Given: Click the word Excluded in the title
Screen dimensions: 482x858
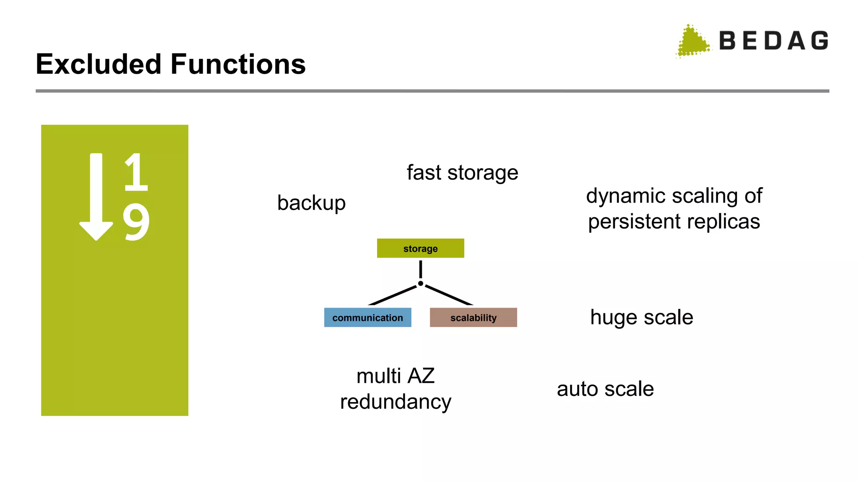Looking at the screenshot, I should [x=98, y=64].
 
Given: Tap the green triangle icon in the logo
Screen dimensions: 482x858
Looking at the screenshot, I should [x=692, y=42].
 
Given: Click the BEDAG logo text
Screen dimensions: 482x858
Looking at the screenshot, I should [x=773, y=41].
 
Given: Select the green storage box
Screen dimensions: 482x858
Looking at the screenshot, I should [x=420, y=249].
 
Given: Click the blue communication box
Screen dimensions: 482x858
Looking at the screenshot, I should [x=367, y=318].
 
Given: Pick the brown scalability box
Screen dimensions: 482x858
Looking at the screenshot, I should [x=473, y=318].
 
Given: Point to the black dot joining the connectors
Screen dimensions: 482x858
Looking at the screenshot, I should [x=420, y=284].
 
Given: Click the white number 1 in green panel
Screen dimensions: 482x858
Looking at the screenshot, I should [x=136, y=172].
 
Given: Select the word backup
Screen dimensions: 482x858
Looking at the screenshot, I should [x=311, y=203].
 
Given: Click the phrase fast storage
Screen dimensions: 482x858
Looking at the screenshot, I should [x=462, y=173].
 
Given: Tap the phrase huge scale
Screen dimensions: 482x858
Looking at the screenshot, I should [x=641, y=317].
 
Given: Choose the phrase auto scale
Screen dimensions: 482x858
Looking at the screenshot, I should [x=605, y=389].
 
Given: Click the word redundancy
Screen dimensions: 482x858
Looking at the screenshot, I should [x=395, y=402].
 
